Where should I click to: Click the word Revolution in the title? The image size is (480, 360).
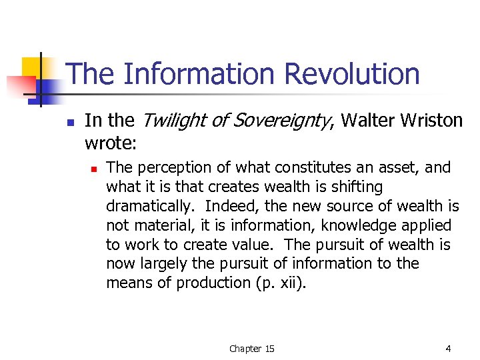pyautogui.click(x=355, y=74)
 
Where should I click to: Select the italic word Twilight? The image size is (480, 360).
pyautogui.click(x=169, y=120)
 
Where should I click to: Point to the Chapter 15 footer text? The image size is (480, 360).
pyautogui.click(x=251, y=349)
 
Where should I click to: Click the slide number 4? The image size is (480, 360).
pyautogui.click(x=448, y=348)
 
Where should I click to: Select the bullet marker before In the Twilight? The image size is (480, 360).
pyautogui.click(x=70, y=122)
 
